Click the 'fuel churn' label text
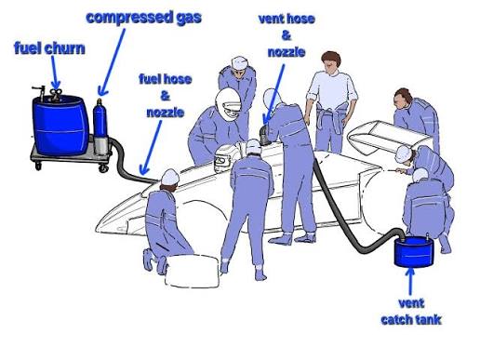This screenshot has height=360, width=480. pyautogui.click(x=49, y=48)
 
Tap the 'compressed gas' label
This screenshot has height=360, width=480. pyautogui.click(x=144, y=18)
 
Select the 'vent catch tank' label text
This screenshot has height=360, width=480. pyautogui.click(x=411, y=312)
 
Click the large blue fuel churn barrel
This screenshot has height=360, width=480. pyautogui.click(x=59, y=125)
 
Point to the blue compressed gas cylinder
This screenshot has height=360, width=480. pyautogui.click(x=100, y=119)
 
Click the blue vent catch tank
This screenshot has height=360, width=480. pyautogui.click(x=414, y=251)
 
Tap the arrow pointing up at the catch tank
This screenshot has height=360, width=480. pyautogui.click(x=410, y=282)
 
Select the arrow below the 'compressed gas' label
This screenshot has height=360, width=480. pyautogui.click(x=112, y=62)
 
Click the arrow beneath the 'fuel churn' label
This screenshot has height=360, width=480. pyautogui.click(x=55, y=73)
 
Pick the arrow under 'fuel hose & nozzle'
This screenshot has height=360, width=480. pyautogui.click(x=152, y=148)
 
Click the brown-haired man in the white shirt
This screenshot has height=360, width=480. pyautogui.click(x=331, y=101)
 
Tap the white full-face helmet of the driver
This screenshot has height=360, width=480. pyautogui.click(x=229, y=104)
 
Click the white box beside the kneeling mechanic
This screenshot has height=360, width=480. pyautogui.click(x=193, y=271)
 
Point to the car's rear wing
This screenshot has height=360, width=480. pyautogui.click(x=389, y=138)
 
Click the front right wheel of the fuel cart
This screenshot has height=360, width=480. pyautogui.click(x=103, y=168)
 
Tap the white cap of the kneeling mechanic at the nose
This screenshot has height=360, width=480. pyautogui.click(x=170, y=177)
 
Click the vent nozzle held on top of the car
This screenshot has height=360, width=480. pyautogui.click(x=264, y=136)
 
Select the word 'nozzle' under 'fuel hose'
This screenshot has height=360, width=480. pyautogui.click(x=166, y=113)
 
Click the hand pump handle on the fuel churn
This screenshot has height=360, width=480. pyautogui.click(x=38, y=89)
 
